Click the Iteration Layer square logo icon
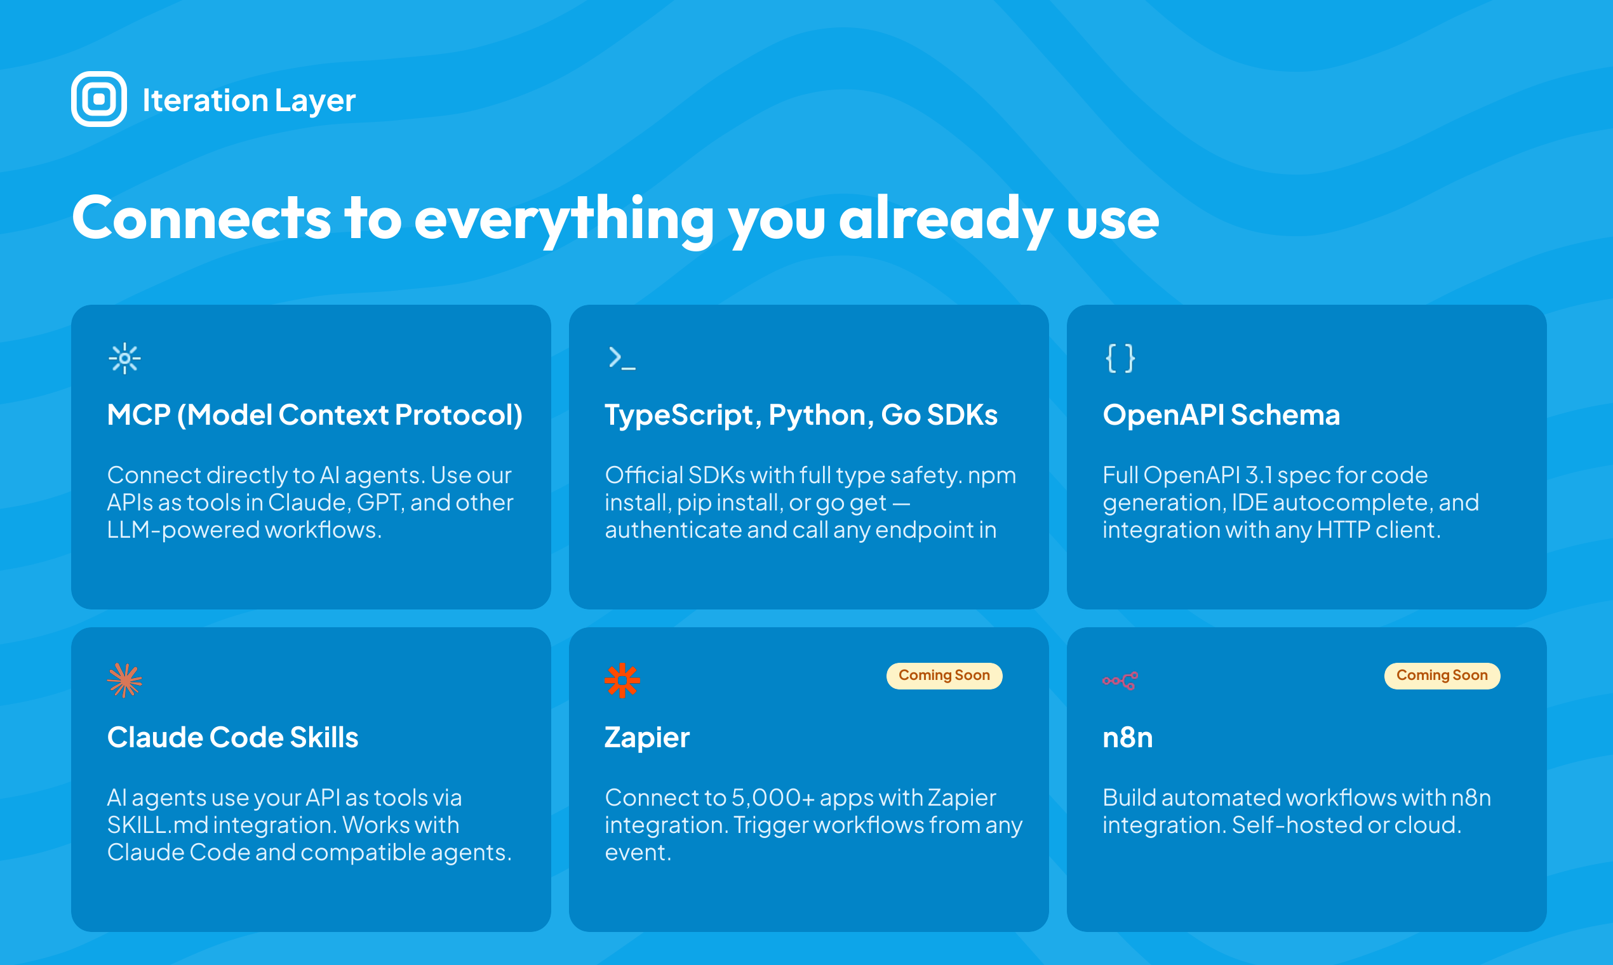click(99, 99)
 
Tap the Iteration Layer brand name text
click(248, 100)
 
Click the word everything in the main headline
click(564, 220)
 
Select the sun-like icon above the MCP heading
click(124, 358)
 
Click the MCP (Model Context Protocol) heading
click(315, 415)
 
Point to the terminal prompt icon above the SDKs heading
click(622, 358)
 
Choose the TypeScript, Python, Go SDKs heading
click(801, 415)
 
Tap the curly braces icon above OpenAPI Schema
click(1120, 358)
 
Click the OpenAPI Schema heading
click(1221, 415)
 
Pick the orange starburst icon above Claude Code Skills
click(124, 680)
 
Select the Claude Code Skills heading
click(232, 738)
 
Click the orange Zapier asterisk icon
click(622, 680)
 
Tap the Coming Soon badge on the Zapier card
click(944, 675)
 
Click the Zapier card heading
click(646, 738)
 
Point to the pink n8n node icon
click(1120, 681)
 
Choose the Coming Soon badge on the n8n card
click(1442, 675)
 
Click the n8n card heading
click(1127, 738)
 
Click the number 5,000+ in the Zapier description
click(773, 798)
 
